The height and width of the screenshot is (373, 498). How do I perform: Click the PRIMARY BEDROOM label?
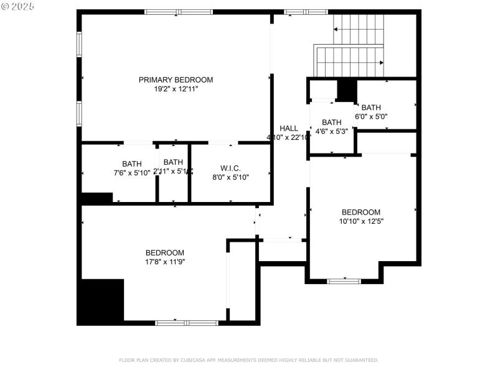pyautogui.click(x=176, y=80)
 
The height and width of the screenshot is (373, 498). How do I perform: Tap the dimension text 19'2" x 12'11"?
pyautogui.click(x=176, y=89)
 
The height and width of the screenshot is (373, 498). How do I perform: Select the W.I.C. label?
pyautogui.click(x=230, y=168)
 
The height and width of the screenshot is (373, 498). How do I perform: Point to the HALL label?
pyautogui.click(x=289, y=128)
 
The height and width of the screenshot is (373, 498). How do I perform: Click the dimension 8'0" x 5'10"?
pyautogui.click(x=230, y=177)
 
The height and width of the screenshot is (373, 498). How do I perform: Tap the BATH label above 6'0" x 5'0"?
pyautogui.click(x=371, y=107)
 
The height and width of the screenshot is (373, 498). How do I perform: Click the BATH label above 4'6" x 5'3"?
pyautogui.click(x=332, y=122)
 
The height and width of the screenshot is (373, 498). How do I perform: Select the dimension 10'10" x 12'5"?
pyautogui.click(x=361, y=221)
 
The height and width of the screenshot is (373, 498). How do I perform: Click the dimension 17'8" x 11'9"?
pyautogui.click(x=165, y=262)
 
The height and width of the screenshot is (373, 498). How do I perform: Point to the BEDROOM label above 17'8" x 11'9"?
pyautogui.click(x=165, y=252)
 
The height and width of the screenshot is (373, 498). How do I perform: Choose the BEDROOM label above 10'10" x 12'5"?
pyautogui.click(x=361, y=212)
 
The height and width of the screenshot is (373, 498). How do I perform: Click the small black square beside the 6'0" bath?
pyautogui.click(x=346, y=90)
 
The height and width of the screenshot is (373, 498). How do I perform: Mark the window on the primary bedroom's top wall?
pyautogui.click(x=179, y=12)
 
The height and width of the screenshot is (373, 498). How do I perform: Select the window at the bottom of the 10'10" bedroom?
pyautogui.click(x=344, y=281)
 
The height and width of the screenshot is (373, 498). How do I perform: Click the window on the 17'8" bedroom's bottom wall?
pyautogui.click(x=186, y=323)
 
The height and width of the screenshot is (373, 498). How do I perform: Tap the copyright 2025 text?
pyautogui.click(x=18, y=6)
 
